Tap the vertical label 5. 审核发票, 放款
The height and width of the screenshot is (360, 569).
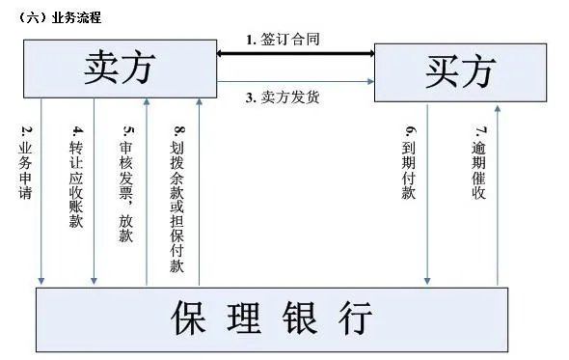(x=126, y=183)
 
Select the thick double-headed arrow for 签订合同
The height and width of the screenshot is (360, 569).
(x=294, y=55)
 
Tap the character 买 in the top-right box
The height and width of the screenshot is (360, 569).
(x=437, y=72)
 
